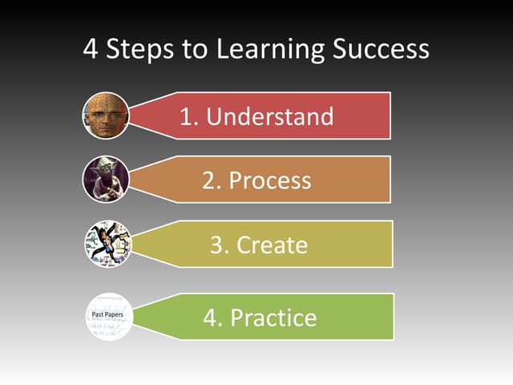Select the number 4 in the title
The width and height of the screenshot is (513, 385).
tap(91, 49)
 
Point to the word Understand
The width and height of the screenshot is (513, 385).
tap(269, 116)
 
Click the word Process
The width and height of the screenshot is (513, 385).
tap(269, 180)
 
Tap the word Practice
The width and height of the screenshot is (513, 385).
tap(273, 318)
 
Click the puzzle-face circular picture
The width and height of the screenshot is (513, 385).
tap(106, 115)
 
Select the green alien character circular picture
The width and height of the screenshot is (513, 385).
tap(106, 180)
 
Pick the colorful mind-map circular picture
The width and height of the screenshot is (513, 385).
tap(107, 244)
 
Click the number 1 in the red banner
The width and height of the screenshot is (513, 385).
tap(188, 116)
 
